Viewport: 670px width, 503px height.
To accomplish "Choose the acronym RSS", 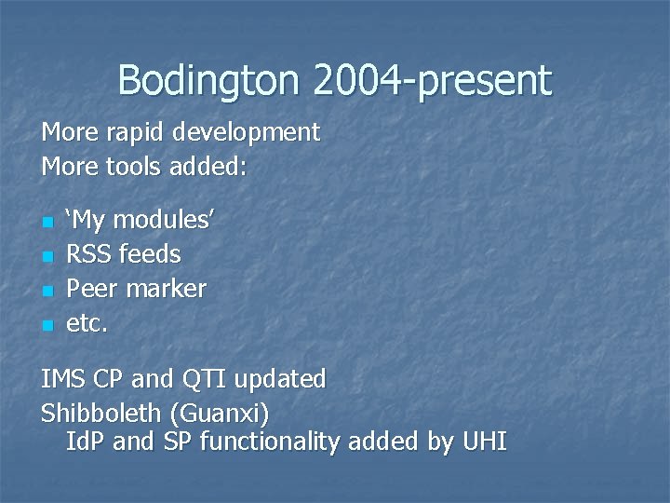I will (x=88, y=254).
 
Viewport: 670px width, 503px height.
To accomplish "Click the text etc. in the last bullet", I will (x=87, y=323).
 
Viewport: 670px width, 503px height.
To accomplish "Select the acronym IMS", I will (x=61, y=380).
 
